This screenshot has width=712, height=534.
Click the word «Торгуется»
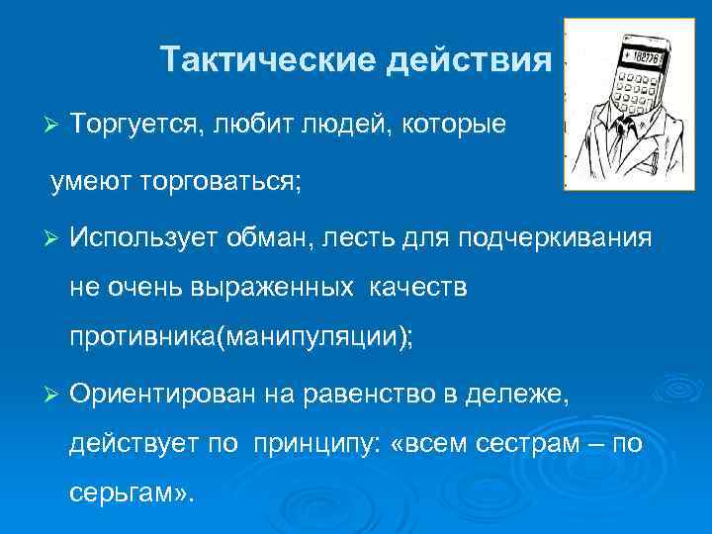[x=129, y=126]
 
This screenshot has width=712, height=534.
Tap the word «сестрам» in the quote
[x=514, y=445]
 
